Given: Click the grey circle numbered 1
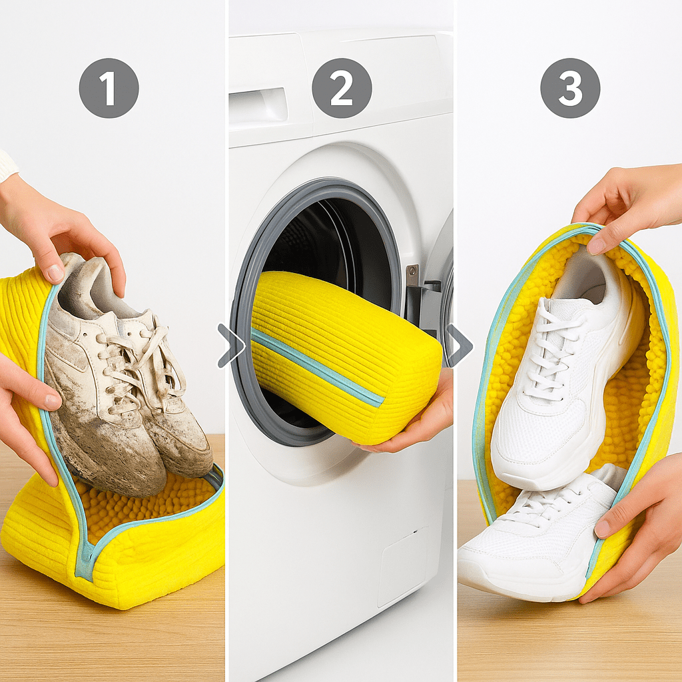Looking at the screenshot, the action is coord(109,88).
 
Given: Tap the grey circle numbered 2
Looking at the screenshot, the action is coord(342,88).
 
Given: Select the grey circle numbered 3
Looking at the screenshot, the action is coord(570,88).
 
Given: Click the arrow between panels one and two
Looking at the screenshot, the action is coord(231,346).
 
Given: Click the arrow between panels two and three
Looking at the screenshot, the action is coord(460,346).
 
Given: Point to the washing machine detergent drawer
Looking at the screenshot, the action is coord(258,107).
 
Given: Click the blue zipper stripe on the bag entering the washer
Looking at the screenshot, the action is coord(317,368).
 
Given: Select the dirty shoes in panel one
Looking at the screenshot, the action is coord(126,374).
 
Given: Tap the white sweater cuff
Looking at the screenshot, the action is coord(7,165).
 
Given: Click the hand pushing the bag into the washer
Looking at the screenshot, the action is coord(413,418).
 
